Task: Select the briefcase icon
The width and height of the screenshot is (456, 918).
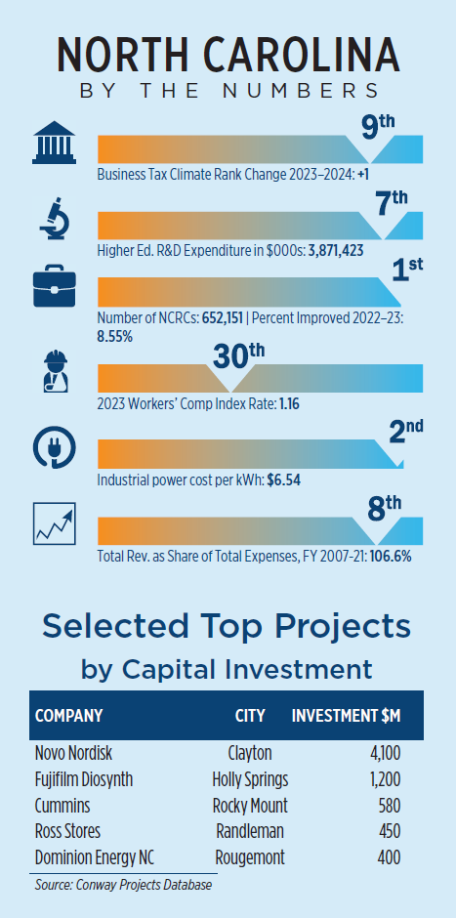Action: [55, 285]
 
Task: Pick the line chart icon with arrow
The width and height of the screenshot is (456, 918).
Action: [55, 522]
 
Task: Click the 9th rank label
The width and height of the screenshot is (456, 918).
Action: [378, 129]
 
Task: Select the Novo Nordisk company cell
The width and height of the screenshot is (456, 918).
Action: [74, 753]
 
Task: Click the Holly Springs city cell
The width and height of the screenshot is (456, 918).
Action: [251, 780]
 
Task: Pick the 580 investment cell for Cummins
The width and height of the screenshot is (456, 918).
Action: [390, 806]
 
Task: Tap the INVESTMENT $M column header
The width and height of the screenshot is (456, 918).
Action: [346, 716]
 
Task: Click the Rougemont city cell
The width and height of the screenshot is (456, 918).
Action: [250, 858]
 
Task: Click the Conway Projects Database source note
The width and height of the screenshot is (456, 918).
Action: [123, 886]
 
